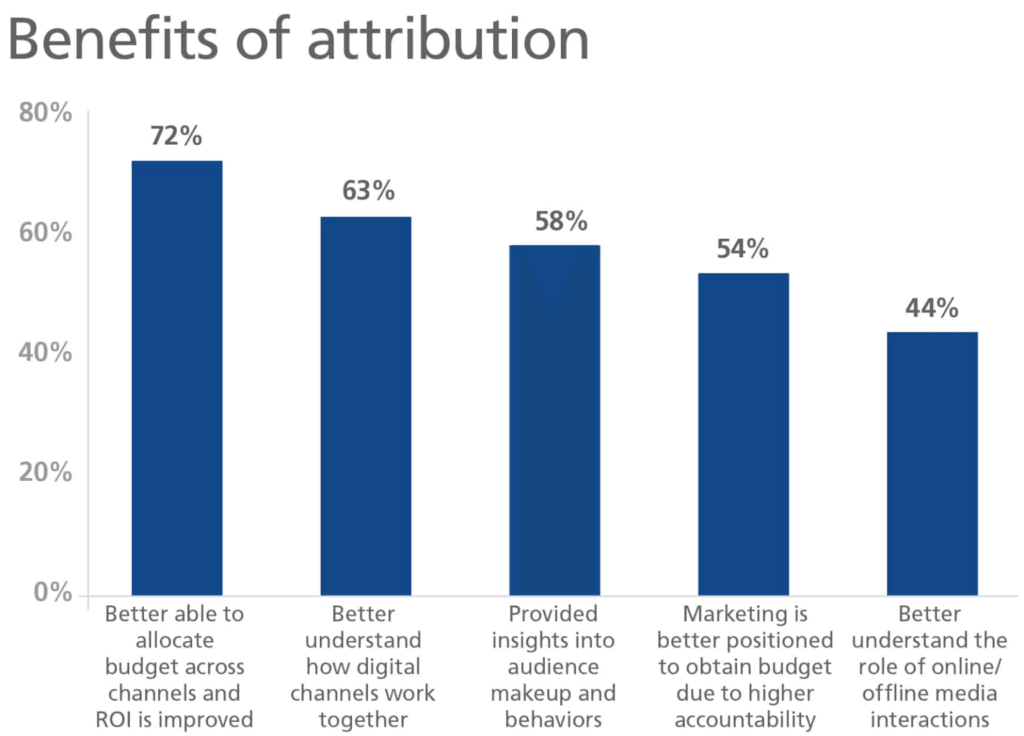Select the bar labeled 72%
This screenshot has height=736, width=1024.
click(x=177, y=378)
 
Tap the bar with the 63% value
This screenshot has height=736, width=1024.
click(x=365, y=406)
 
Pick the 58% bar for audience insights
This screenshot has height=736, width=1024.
click(x=554, y=420)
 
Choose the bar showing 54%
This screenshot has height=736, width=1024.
click(x=743, y=434)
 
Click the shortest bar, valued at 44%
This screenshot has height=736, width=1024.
click(x=932, y=463)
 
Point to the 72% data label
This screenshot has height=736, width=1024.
click(x=176, y=136)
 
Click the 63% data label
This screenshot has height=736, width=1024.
click(x=368, y=191)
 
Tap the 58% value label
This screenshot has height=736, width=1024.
click(x=561, y=221)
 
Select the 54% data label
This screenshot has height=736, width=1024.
click(x=742, y=249)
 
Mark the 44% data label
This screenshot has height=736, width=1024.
click(x=931, y=308)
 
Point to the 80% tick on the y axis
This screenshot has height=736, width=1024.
click(x=45, y=113)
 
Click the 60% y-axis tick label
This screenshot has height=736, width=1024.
click(x=45, y=233)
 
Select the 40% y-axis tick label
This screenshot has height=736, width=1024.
click(x=45, y=352)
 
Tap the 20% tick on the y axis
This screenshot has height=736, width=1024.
click(x=45, y=472)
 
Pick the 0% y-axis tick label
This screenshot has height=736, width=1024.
click(x=53, y=592)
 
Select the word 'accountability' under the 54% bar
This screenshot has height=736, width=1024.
click(x=745, y=720)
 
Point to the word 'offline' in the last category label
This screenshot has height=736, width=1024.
click(x=891, y=693)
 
